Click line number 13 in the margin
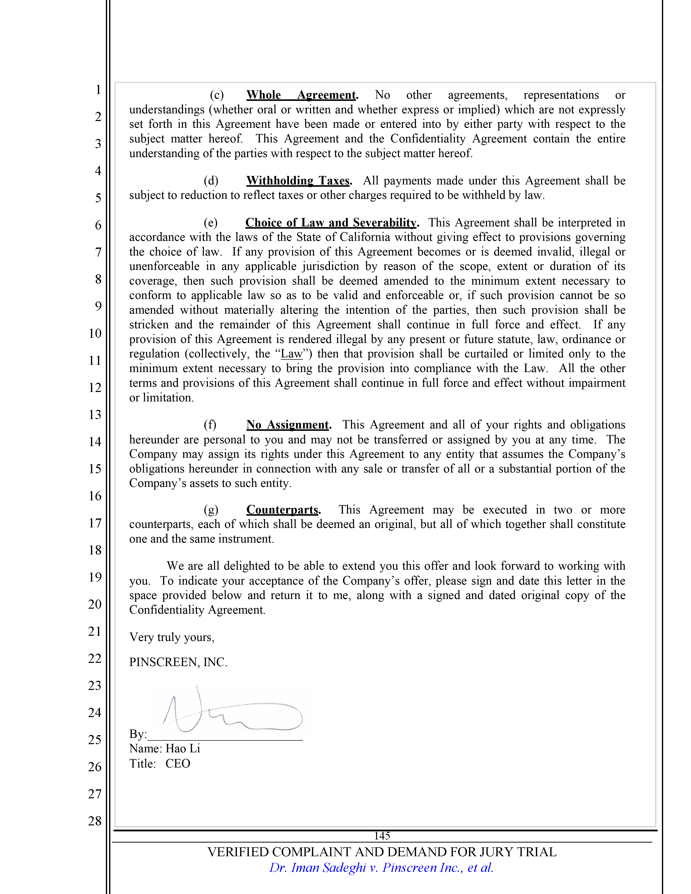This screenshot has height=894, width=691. point(95,415)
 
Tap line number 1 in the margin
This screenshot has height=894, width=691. point(98,89)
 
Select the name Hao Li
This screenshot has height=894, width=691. point(183,749)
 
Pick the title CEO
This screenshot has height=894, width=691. point(178,764)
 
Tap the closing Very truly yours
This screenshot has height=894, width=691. point(172,637)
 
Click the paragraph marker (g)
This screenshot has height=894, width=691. point(211,510)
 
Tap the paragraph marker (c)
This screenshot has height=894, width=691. point(216,95)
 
